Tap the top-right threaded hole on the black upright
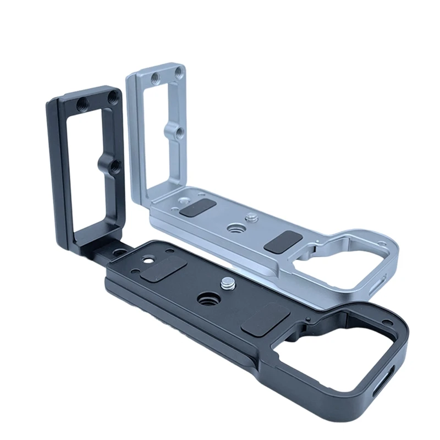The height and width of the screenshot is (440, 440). point(113,96)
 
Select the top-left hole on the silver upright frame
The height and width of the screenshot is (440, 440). point(156,78)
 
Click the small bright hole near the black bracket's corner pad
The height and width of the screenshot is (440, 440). point(147,258)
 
